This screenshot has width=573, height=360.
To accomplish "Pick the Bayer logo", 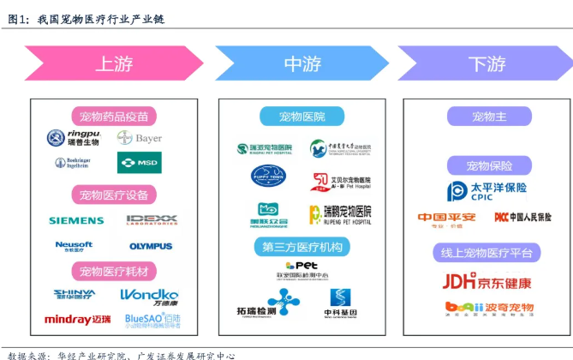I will pos(141,138).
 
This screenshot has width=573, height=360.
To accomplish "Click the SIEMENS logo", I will pos(76,220).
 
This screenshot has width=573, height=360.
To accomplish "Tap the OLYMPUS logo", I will pos(151,246).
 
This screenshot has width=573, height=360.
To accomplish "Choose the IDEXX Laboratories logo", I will pos(152,220).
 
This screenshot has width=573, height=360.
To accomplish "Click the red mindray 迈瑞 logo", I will pos(78,319).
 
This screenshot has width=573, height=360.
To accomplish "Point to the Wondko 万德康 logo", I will pos(149,296).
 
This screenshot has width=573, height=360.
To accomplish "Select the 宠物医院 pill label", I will pos(301,117).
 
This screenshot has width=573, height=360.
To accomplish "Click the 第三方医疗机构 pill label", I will pos(301,248).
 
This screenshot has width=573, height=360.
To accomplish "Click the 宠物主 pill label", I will pos(484,117).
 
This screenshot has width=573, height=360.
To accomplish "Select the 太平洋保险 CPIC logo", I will pos(487,191).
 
